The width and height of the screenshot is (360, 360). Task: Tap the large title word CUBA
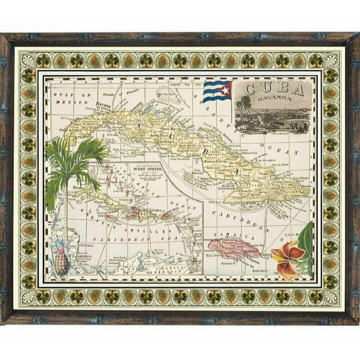[274, 89]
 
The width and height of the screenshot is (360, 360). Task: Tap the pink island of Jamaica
[236, 247]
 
